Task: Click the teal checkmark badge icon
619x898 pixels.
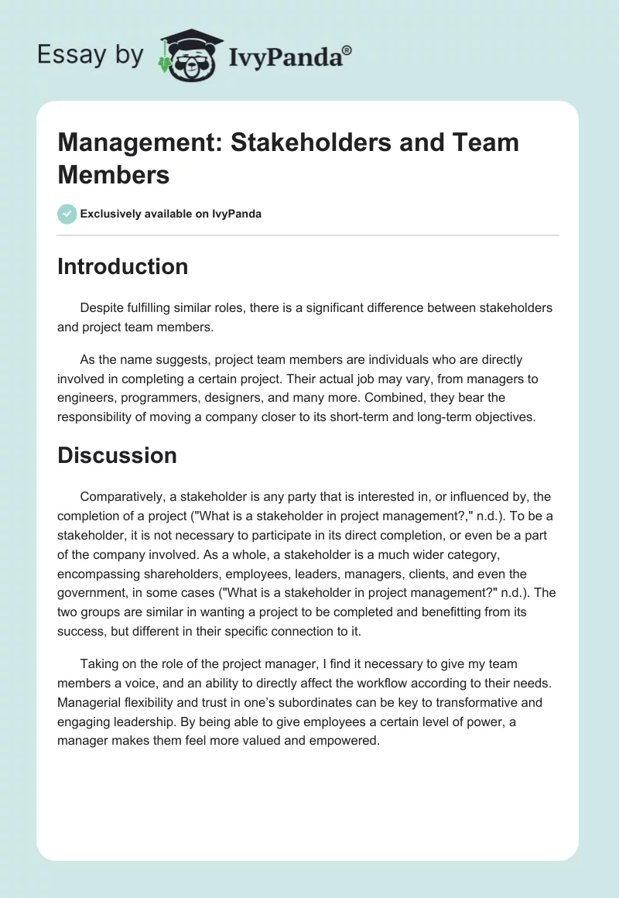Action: tap(67, 214)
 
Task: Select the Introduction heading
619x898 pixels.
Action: tap(122, 266)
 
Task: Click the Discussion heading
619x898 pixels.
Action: tap(117, 455)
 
